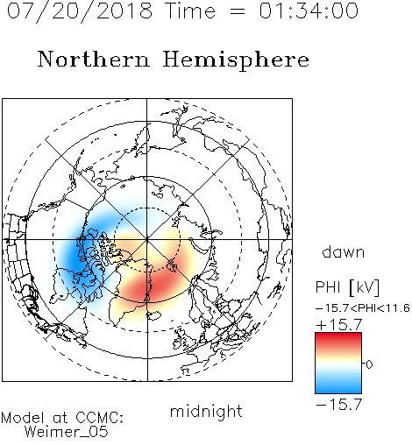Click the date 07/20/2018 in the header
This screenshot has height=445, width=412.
click(80, 11)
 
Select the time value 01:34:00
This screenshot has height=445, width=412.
click(309, 11)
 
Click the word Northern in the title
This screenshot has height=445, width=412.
click(94, 59)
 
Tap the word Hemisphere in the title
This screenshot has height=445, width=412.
click(236, 60)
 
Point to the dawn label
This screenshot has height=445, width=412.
click(343, 251)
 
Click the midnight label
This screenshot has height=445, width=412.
click(206, 411)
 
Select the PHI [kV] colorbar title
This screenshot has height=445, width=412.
click(347, 287)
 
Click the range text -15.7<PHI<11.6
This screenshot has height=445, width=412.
click(363, 308)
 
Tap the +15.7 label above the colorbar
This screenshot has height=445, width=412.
click(339, 325)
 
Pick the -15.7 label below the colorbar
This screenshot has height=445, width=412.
click(339, 405)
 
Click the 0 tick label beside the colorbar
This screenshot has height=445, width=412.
click(369, 364)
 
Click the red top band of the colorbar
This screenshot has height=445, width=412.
click(338, 339)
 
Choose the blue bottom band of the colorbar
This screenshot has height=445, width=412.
click(338, 387)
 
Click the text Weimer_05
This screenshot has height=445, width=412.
click(67, 432)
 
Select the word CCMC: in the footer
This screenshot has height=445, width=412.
click(100, 418)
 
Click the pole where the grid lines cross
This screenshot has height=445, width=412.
click(147, 239)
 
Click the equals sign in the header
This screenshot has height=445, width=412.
click(238, 11)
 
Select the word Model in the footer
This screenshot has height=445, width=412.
click(23, 418)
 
